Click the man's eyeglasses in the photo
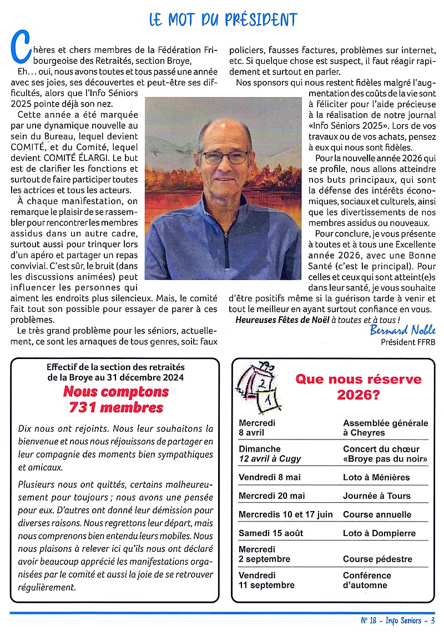225,157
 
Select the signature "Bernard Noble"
403,331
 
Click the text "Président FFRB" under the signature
408,342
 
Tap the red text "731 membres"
116,408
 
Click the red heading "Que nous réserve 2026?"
358,387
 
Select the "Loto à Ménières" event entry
376,477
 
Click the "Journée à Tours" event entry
376,496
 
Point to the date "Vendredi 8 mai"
270,477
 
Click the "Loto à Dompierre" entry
379,533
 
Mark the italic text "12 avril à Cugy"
270,458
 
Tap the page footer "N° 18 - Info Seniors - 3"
397,621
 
